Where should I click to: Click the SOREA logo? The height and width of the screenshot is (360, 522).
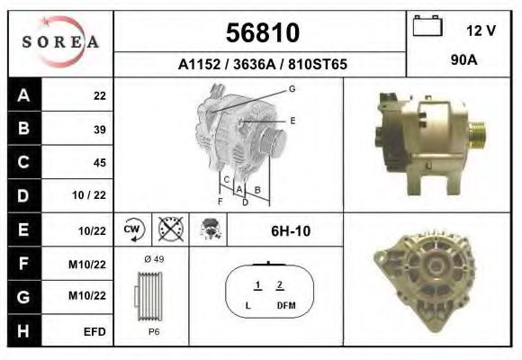point(60,42)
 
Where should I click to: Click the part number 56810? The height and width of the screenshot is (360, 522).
point(263,32)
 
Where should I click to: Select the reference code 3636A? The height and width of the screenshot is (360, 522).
point(255,64)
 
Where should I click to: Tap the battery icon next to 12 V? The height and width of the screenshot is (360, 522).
point(427,25)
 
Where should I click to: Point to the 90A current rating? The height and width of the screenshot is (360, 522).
point(463,60)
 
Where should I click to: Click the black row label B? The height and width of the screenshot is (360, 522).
point(24,128)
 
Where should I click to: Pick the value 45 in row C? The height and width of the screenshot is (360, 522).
point(100,163)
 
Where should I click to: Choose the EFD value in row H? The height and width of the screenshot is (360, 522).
point(94,332)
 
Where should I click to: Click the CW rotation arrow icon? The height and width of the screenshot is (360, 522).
point(133,229)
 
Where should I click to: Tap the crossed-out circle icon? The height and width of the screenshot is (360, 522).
point(171,229)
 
